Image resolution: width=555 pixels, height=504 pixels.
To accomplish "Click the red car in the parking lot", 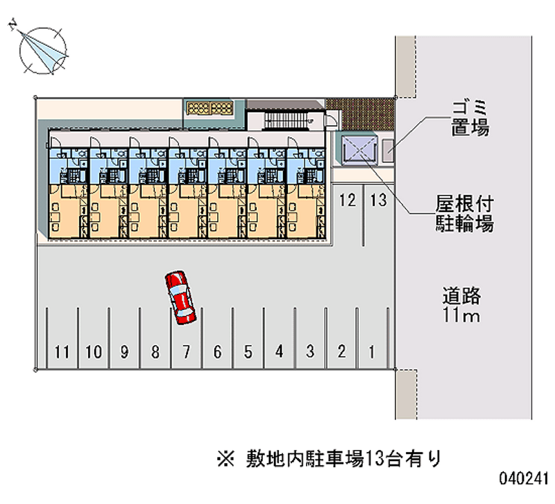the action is tap(180, 297).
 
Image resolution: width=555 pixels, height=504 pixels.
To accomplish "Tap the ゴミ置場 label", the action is tap(470, 119).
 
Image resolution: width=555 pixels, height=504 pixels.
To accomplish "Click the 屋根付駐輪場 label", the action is tap(464, 214).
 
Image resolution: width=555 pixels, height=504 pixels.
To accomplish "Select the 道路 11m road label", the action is tap(461, 305).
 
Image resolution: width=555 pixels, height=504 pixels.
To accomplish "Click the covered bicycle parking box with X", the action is tap(359, 150).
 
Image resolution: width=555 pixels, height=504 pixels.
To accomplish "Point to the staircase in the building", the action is tap(286, 120).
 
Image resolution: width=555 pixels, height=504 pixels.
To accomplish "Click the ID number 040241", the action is tap(524, 478).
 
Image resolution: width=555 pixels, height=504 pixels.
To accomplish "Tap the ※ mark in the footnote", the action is tap(226, 460).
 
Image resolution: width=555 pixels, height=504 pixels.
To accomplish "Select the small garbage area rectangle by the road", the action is tap(388, 150).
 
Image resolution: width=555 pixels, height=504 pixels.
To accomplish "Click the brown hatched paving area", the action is tap(360, 114).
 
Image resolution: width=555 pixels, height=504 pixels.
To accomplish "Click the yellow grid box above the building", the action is tap(210, 108).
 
